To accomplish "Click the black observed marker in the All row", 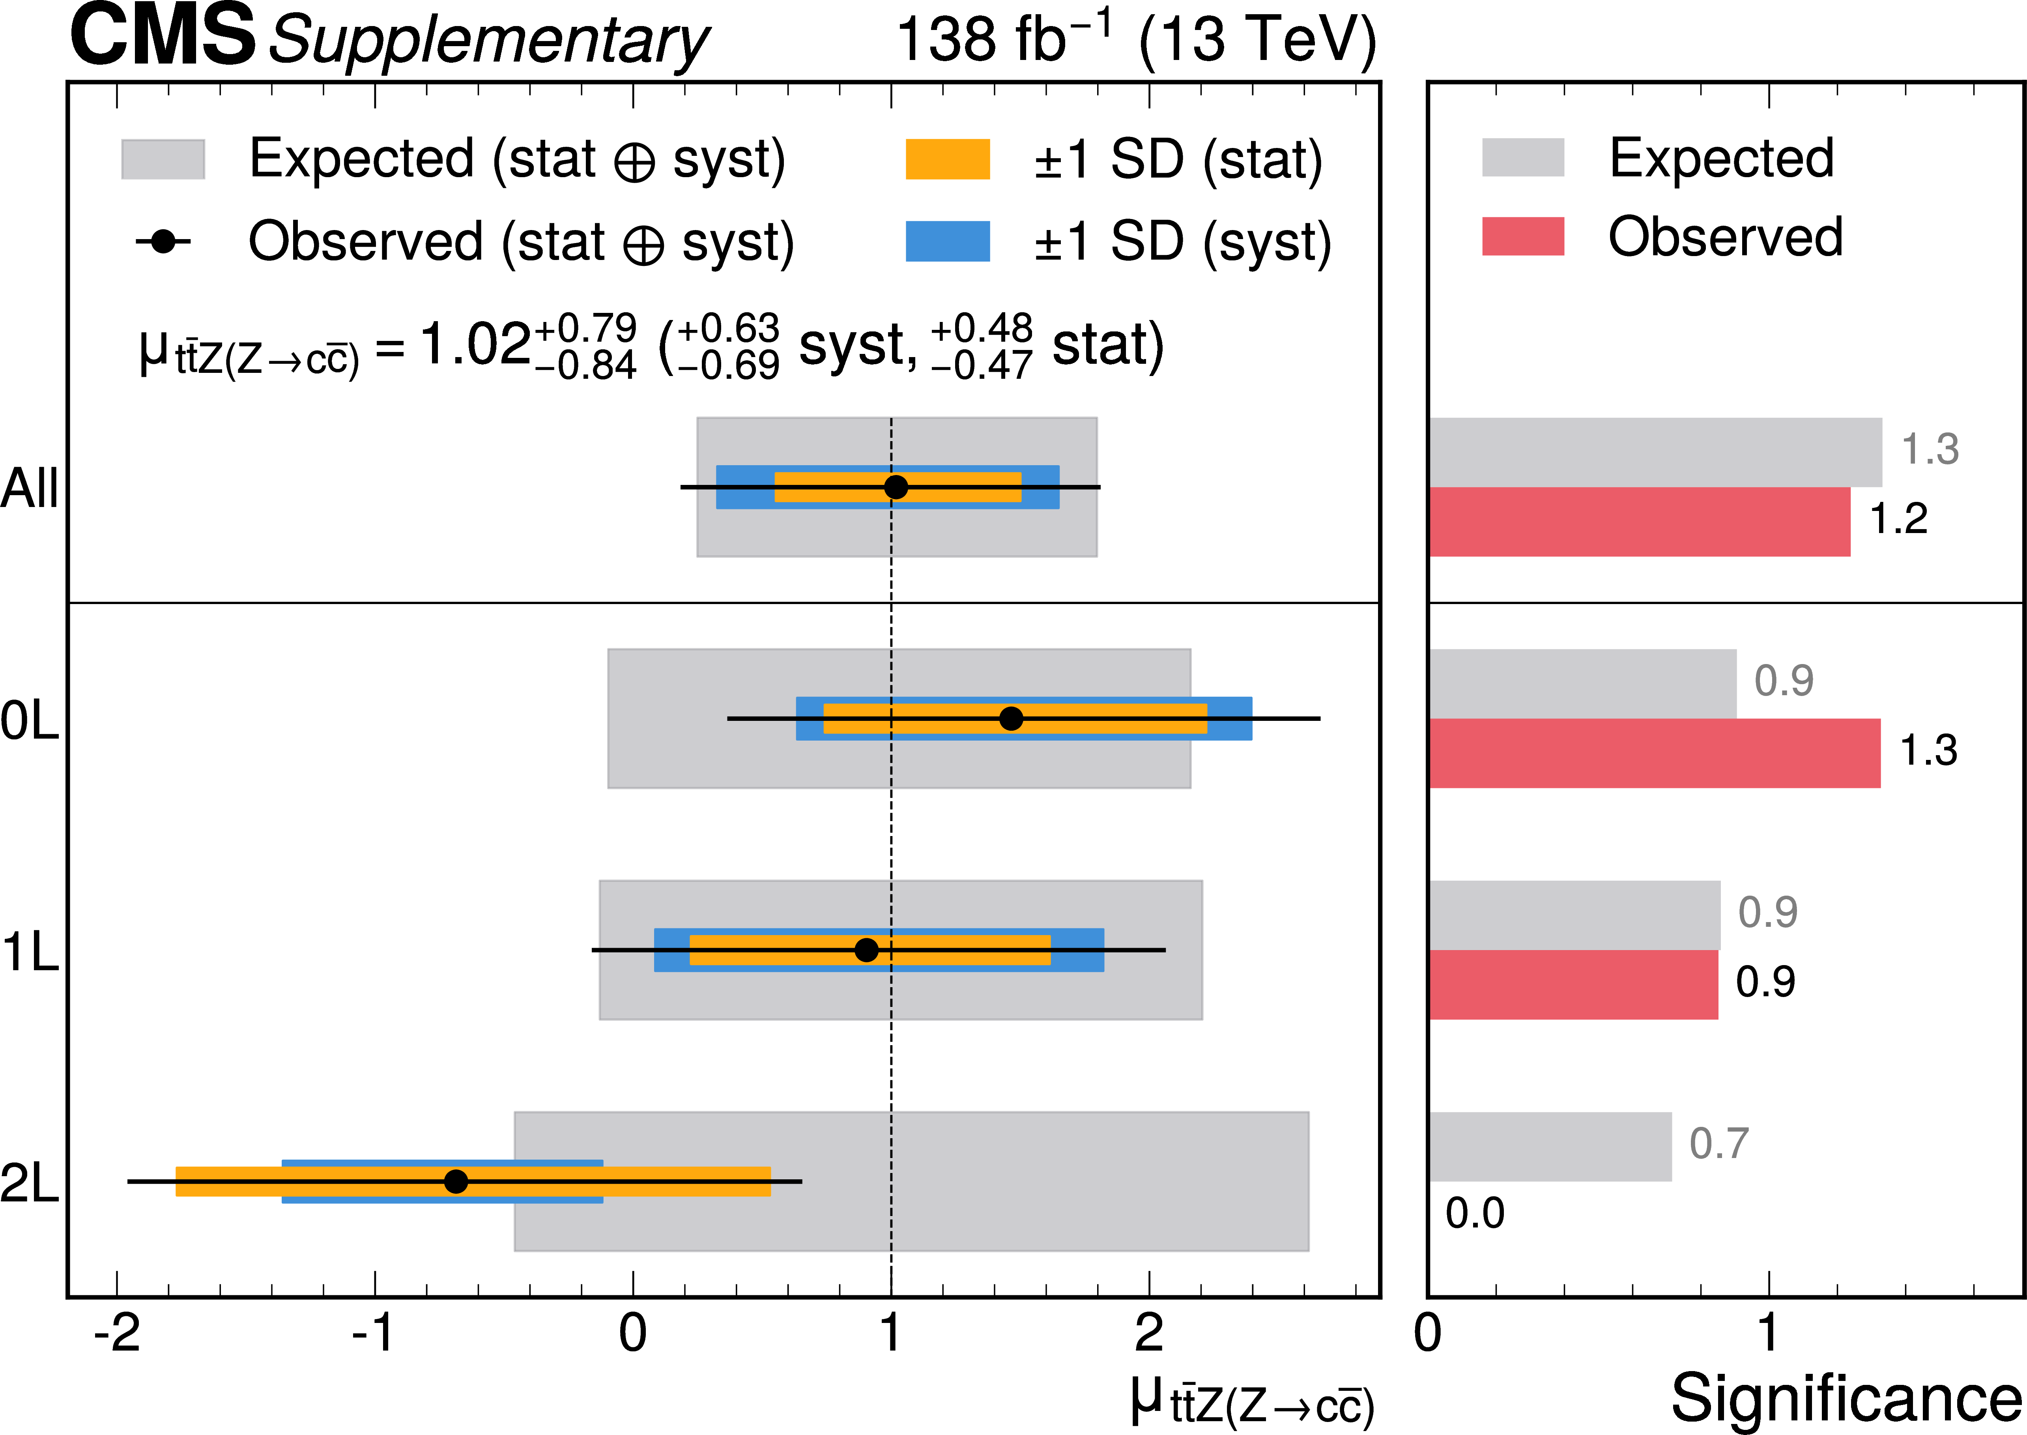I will (x=896, y=487).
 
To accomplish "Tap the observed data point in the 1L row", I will (x=867, y=950).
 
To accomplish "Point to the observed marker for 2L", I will (x=456, y=1181).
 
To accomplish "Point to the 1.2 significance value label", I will (x=1898, y=519).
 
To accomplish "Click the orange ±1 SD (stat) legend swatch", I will (x=947, y=159).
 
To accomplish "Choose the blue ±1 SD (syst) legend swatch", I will (x=947, y=241).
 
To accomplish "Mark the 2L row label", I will (x=29, y=1184).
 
